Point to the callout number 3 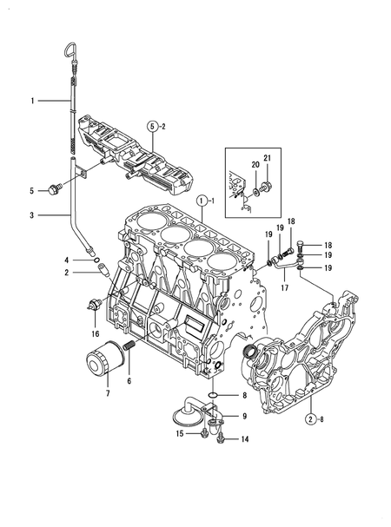click(31, 214)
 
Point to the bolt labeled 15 click(202, 431)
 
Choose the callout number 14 click(243, 440)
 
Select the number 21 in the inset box click(268, 156)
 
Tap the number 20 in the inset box click(255, 165)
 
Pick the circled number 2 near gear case click(310, 419)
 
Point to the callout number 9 click(244, 416)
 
